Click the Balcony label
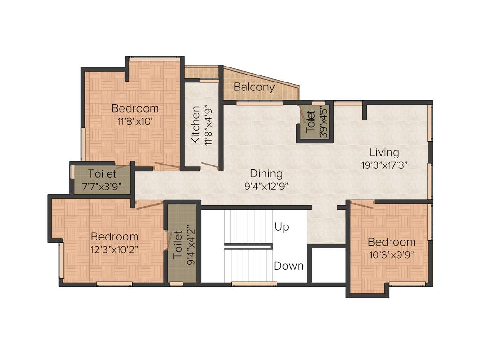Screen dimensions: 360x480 [x=254, y=87]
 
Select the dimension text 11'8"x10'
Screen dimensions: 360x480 [x=135, y=120]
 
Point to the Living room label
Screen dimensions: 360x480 [x=384, y=152]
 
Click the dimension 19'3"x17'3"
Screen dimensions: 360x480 [x=384, y=165]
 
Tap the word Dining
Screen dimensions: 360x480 [x=266, y=173]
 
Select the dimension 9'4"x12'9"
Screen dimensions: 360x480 [x=266, y=186]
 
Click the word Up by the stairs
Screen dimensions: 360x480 [x=282, y=227]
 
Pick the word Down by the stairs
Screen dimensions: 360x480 [x=288, y=266]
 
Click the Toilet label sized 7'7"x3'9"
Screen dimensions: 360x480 [x=102, y=174]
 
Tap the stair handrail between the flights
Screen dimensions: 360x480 [x=248, y=245]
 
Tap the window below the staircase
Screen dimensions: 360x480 [x=254, y=284]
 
